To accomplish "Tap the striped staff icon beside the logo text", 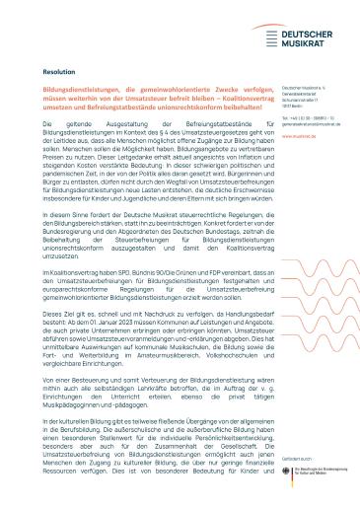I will pyautogui.click(x=271, y=38).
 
